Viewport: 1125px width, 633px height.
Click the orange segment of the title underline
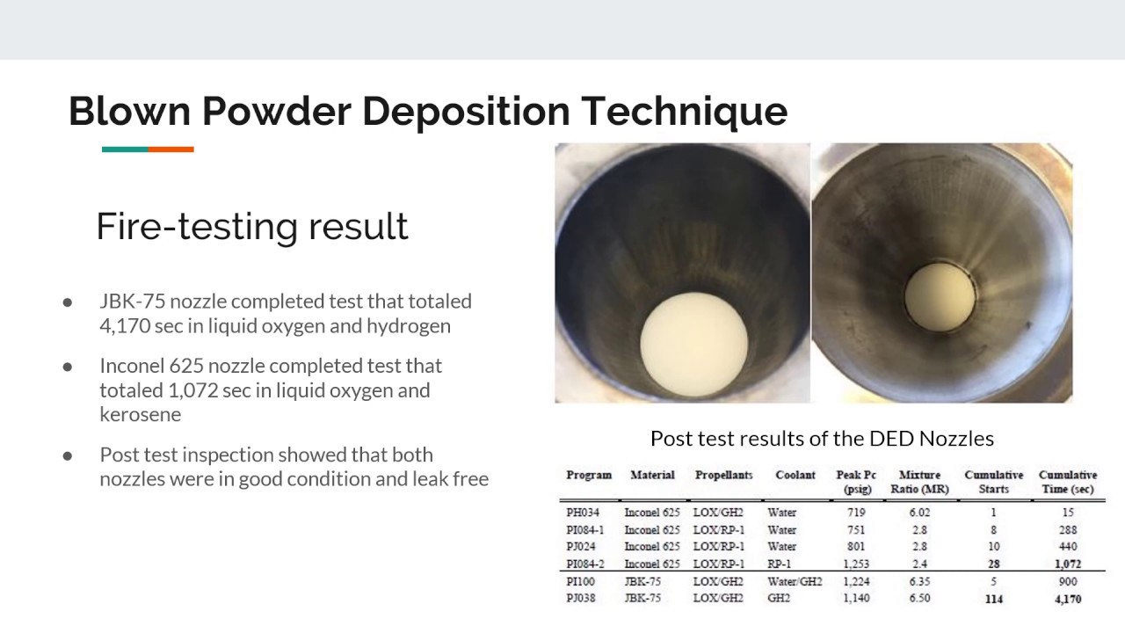171,149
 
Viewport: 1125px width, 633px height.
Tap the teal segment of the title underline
125,149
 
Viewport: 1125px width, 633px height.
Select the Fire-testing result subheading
251,227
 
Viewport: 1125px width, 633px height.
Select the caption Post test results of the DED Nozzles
822,438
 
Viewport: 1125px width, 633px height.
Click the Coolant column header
795,476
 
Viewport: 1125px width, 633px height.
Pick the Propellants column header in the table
723,476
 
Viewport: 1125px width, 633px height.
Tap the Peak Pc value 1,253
855,564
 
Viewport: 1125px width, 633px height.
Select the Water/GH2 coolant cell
795,582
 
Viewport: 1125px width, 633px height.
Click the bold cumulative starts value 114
994,600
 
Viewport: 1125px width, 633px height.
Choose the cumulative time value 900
1068,582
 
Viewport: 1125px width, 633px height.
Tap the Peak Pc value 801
855,547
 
